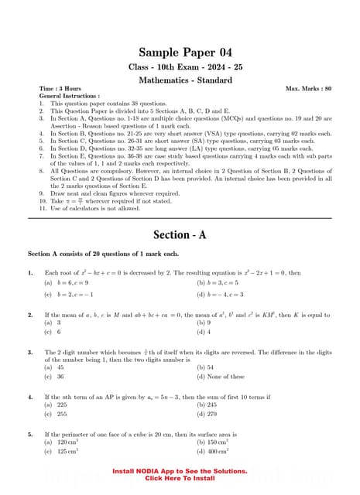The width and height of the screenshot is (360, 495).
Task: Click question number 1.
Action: tap(30, 273)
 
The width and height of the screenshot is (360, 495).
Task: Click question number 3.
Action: tap(30, 352)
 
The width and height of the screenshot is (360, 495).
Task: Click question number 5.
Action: tap(30, 435)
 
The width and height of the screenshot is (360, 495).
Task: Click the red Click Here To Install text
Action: tap(180, 478)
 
